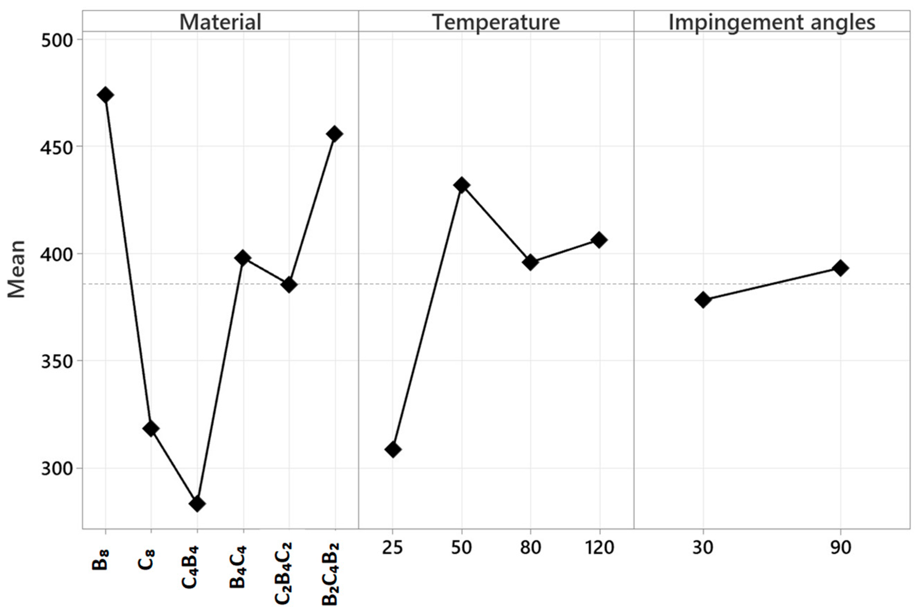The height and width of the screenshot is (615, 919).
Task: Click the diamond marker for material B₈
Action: (106, 95)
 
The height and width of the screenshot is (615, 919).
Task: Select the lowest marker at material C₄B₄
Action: (197, 504)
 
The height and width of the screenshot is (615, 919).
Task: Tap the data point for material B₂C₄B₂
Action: (334, 134)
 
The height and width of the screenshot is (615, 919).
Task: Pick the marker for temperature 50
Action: (462, 185)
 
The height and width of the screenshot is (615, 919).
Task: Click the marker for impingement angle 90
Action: (840, 268)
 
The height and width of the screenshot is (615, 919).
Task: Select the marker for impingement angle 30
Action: (703, 300)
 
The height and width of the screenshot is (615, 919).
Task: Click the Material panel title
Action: (221, 22)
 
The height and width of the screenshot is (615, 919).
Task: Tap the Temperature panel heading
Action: (496, 22)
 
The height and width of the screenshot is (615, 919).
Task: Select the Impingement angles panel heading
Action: (771, 22)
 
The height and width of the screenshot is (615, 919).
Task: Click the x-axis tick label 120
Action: (599, 548)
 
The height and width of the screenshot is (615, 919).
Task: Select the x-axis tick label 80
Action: (530, 548)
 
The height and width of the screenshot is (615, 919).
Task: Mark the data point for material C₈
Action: (151, 428)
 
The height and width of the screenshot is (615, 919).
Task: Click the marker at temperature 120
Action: (599, 240)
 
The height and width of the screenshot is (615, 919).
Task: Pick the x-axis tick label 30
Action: (703, 548)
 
